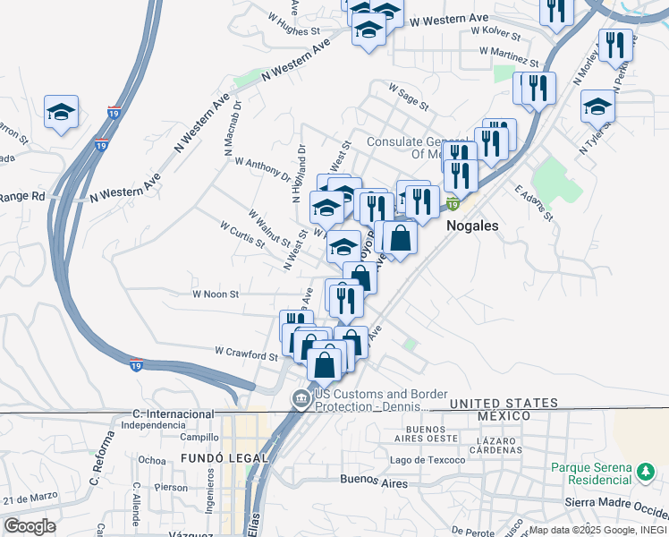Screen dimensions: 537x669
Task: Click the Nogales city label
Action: (x=471, y=226)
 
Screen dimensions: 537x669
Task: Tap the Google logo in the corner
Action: (x=30, y=526)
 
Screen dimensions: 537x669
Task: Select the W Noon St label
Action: (x=216, y=294)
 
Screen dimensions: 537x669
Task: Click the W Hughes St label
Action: (x=294, y=23)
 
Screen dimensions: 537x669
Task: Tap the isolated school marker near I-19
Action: (x=61, y=111)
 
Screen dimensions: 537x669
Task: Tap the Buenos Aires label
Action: (x=374, y=482)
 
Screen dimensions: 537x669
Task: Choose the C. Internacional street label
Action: (x=170, y=413)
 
